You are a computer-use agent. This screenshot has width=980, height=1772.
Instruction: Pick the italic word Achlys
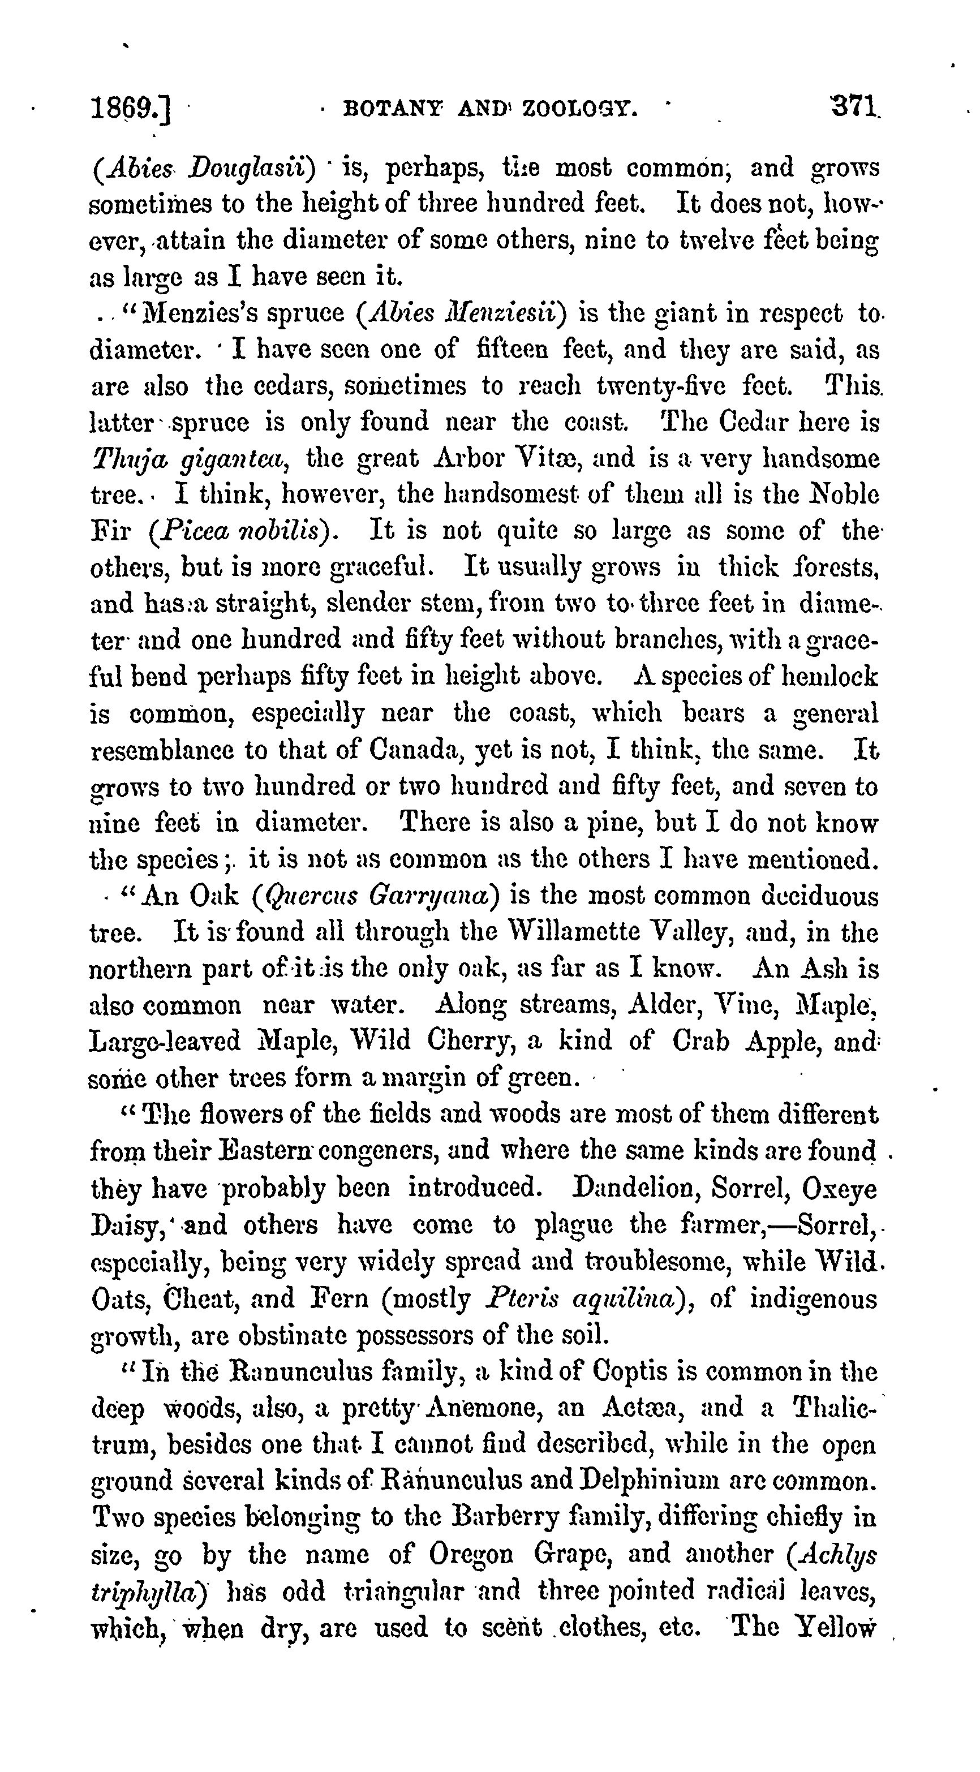(837, 1555)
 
